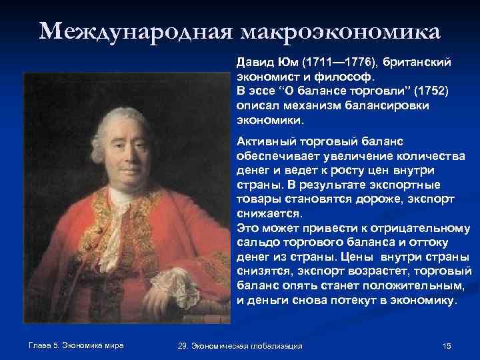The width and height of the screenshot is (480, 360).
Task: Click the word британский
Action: click(x=421, y=61)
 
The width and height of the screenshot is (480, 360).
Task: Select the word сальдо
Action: click(x=255, y=243)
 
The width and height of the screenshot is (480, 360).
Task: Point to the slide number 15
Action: click(x=447, y=345)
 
